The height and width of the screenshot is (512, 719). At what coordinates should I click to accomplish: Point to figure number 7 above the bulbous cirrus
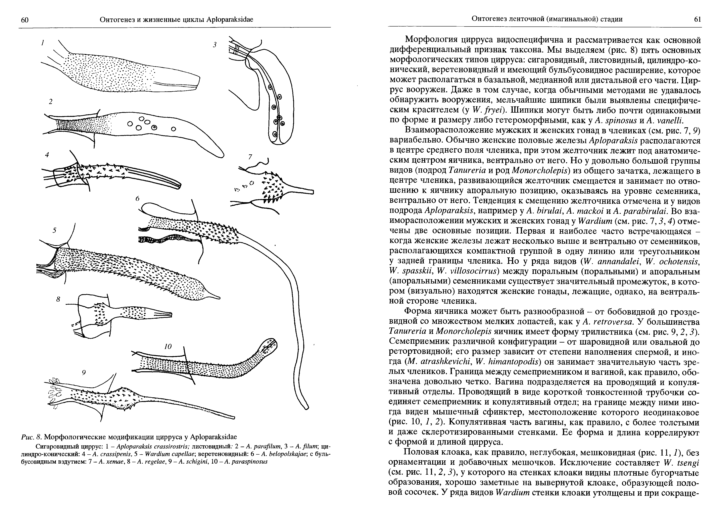(250, 157)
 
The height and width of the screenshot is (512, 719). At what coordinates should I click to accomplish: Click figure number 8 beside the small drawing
(58, 299)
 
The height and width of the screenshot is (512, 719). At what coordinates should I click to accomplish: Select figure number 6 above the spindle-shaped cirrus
(138, 198)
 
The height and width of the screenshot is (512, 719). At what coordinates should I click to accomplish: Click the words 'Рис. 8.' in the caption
(31, 437)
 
